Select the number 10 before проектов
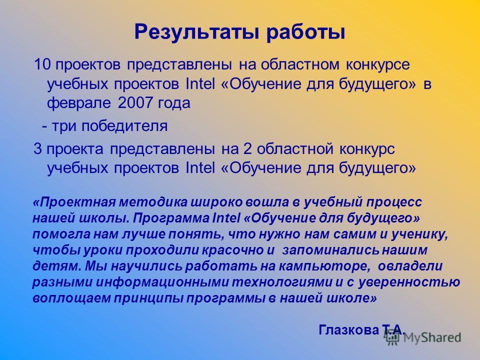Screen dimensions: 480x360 coord(42,64)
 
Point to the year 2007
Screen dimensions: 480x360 coord(134,103)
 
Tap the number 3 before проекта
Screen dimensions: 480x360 coord(37,149)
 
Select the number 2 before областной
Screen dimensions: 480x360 coord(247,149)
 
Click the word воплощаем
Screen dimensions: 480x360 coord(71,298)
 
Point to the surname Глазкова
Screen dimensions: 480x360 coord(348,330)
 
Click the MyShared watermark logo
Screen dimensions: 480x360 coord(423,337)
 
